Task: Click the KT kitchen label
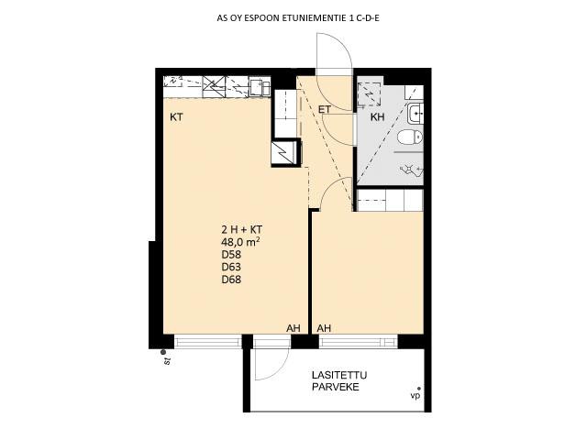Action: click(x=176, y=117)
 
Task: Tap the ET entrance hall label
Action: click(x=325, y=109)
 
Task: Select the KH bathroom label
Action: click(x=377, y=117)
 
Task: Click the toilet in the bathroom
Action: click(x=410, y=137)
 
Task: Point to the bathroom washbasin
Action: click(x=415, y=112)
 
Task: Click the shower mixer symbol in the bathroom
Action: click(x=411, y=170)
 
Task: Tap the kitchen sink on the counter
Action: click(x=260, y=87)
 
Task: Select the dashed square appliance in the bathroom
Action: click(x=369, y=93)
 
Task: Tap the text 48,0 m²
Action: click(x=240, y=242)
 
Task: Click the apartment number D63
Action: click(x=231, y=267)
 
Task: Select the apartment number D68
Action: click(x=231, y=279)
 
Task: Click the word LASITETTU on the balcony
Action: click(x=339, y=375)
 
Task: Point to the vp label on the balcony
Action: click(x=415, y=396)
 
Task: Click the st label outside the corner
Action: click(x=167, y=361)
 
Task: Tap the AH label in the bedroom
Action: click(x=324, y=328)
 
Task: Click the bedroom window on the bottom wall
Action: click(x=359, y=342)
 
